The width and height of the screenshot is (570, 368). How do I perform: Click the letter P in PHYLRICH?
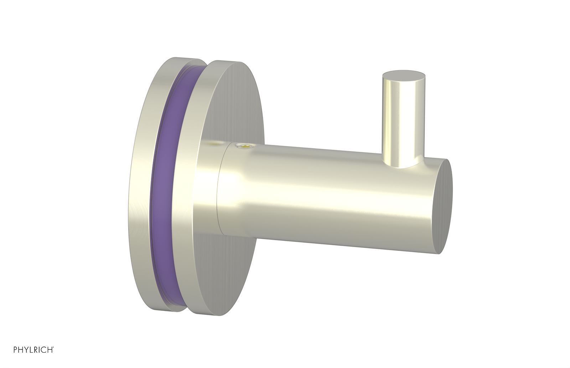(15, 349)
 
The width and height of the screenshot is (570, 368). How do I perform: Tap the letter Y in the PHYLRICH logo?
(26, 349)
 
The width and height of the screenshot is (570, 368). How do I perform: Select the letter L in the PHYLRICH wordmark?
(31, 349)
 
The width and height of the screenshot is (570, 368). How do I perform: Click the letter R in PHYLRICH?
(36, 349)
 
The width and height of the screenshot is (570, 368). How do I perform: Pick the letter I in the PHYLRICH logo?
(39, 349)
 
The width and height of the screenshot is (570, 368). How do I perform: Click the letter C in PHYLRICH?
(43, 349)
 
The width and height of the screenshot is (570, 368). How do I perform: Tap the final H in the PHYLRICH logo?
(50, 349)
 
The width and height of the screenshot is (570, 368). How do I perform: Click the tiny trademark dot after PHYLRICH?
(53, 347)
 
